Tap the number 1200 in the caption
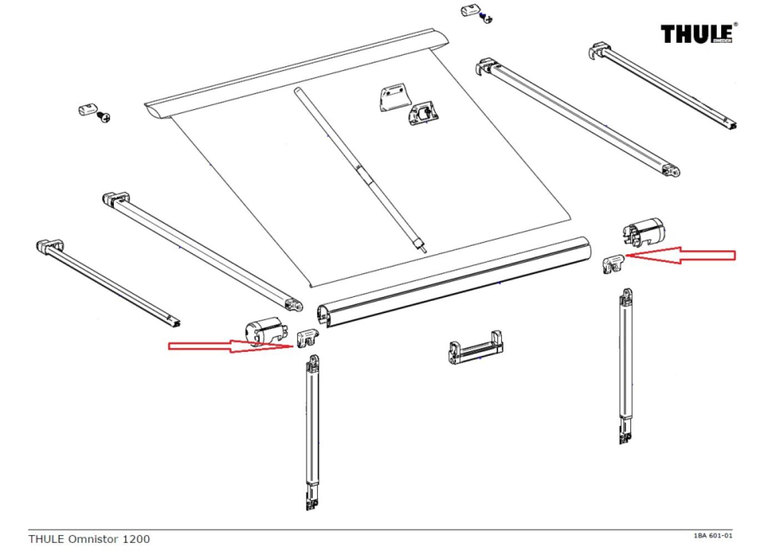pyautogui.click(x=138, y=539)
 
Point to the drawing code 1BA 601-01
pyautogui.click(x=713, y=536)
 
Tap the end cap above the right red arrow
pyautogui.click(x=643, y=230)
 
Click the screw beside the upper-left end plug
pyautogui.click(x=104, y=117)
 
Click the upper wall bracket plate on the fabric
pyautogui.click(x=395, y=99)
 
